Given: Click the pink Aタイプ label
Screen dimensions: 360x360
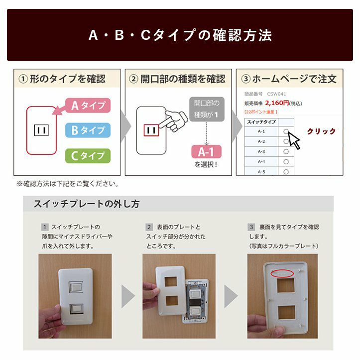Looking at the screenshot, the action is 88,106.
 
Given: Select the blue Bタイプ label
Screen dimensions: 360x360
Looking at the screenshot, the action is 88,130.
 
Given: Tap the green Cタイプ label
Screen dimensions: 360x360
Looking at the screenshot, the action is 88,156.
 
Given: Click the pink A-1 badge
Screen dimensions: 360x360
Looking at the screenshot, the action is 207,152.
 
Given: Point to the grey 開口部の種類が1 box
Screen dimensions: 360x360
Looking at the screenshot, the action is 207,109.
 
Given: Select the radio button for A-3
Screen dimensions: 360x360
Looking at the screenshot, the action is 286,151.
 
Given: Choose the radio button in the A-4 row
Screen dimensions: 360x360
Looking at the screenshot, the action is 286,162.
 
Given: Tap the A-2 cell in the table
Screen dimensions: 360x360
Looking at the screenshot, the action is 261,141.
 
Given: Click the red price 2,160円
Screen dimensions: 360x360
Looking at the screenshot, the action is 277,103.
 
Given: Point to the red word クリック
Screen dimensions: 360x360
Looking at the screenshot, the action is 321,131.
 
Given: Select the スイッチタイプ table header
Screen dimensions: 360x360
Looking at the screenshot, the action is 261,122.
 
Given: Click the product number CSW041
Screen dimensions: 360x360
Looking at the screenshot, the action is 276,94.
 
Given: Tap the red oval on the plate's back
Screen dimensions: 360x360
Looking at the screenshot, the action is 282,273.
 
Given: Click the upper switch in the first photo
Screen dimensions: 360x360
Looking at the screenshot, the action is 76,287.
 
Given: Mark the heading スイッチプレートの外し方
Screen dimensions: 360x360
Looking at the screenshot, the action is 87,204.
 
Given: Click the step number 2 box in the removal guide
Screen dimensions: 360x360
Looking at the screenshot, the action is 149,227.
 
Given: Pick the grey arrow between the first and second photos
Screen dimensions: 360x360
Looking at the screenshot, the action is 128,296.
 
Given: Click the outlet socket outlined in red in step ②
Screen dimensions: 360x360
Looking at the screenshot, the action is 151,130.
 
